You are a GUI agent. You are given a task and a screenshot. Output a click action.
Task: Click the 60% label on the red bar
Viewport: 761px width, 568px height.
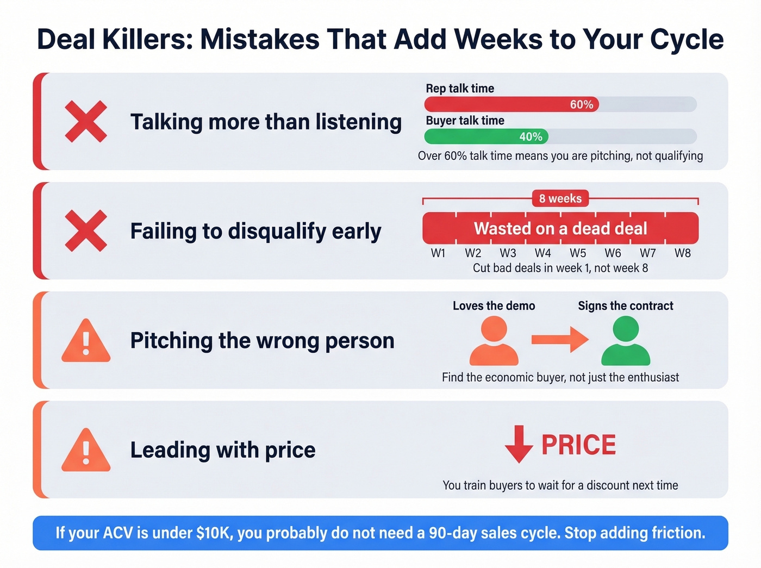(581, 104)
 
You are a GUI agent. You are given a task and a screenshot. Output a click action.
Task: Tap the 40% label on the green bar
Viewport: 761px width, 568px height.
(531, 136)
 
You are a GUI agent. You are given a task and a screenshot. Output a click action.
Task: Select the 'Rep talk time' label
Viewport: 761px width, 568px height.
(460, 88)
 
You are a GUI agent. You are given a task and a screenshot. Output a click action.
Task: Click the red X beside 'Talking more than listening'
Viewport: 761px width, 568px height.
(86, 122)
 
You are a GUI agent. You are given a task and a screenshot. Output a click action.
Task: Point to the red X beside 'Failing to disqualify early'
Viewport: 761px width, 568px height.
(86, 231)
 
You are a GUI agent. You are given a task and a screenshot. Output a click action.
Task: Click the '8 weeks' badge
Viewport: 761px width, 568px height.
(560, 198)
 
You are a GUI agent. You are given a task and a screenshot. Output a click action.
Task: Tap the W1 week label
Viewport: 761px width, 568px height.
(438, 253)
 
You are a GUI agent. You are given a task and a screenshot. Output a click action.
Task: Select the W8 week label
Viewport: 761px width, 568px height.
(682, 253)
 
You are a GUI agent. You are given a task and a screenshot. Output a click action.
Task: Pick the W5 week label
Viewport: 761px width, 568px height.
(578, 253)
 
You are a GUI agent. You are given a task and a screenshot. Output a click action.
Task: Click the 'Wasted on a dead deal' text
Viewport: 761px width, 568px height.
(560, 228)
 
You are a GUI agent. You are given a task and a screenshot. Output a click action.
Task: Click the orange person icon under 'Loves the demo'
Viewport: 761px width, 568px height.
(494, 341)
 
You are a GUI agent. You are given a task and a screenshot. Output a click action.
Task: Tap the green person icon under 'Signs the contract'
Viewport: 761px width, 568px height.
(626, 341)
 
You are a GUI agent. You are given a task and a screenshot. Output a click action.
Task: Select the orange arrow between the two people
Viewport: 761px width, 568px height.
(559, 340)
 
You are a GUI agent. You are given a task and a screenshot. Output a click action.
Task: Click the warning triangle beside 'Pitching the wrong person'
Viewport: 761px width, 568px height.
(86, 342)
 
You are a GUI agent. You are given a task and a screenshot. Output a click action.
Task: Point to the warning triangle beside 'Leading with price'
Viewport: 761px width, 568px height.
(86, 451)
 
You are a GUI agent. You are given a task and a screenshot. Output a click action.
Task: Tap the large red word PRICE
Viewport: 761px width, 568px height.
(578, 445)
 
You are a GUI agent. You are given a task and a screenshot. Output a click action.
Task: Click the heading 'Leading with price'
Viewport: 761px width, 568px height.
(223, 450)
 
